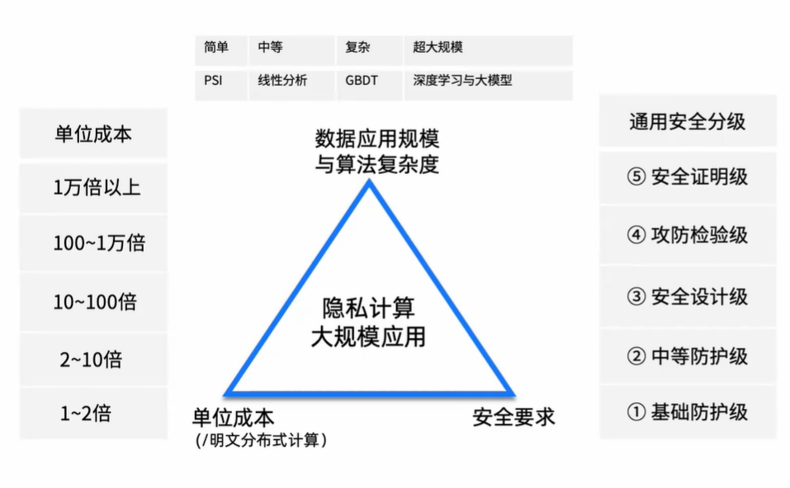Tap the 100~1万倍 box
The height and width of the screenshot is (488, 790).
coord(93,243)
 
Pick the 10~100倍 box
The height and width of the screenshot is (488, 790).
coord(93,302)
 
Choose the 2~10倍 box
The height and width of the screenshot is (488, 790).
coord(93,359)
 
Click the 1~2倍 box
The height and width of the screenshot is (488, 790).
coord(93,413)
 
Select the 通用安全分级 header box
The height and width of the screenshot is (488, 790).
coord(688,121)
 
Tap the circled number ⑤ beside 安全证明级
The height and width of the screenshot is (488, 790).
coord(636,177)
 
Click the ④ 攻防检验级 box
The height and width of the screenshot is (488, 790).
coord(688,235)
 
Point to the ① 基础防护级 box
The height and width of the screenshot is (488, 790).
coord(688,411)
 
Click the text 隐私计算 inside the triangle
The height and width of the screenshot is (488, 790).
coord(368,309)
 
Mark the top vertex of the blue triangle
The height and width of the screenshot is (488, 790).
coord(369,183)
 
